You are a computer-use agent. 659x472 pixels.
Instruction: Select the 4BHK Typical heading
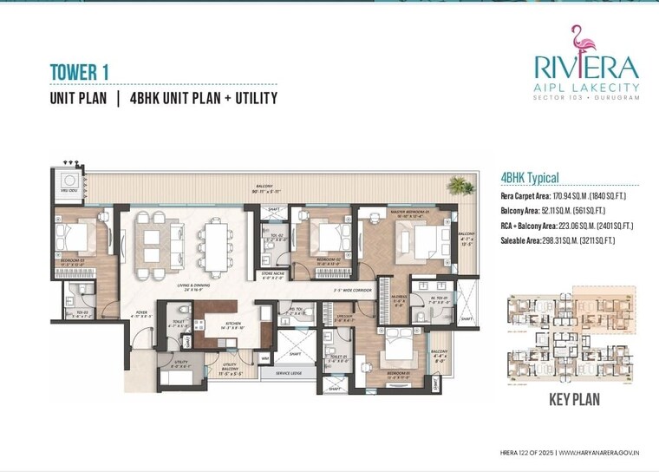pos(530,178)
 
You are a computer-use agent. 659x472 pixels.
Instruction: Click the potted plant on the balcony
pos(457,185)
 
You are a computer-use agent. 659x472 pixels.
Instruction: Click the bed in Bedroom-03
pos(75,234)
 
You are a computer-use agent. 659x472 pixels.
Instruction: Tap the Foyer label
pos(140,315)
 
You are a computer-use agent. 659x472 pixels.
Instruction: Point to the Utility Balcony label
pos(228,368)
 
